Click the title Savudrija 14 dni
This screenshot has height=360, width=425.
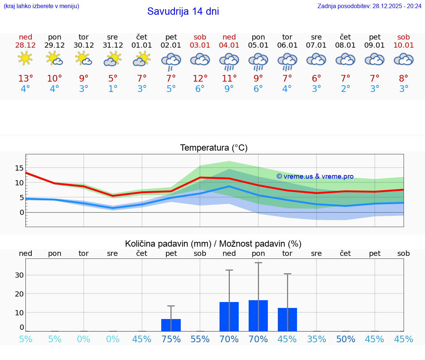183,11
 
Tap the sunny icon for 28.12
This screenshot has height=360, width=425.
25,58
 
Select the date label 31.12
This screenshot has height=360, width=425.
113,45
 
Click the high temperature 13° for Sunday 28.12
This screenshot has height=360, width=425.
25,79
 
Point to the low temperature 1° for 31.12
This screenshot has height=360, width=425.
113,89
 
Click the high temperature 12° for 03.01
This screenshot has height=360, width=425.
200,79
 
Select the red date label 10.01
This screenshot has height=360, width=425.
404,45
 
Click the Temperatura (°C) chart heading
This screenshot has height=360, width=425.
214,148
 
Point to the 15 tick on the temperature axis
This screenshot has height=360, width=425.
19,168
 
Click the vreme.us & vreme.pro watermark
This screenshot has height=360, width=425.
315,176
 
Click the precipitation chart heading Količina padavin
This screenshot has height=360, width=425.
213,244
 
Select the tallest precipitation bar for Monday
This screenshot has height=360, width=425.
258,315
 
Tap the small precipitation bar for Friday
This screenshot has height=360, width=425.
171,325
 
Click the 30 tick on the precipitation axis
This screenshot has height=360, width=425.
19,275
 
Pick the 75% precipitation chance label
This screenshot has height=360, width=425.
171,339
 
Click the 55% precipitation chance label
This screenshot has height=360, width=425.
200,339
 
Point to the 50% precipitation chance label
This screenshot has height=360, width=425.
346,339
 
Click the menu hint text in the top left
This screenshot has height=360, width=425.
41,6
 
